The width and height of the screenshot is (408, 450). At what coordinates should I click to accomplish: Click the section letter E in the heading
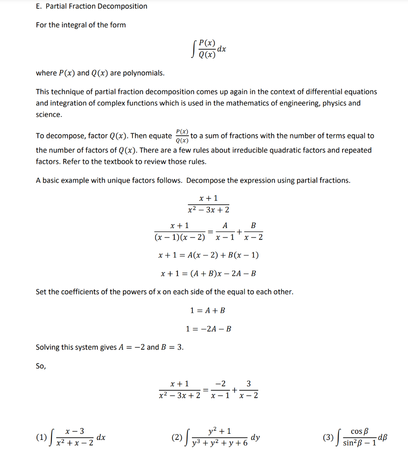coord(38,6)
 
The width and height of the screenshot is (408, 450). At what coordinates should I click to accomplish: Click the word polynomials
coord(143,73)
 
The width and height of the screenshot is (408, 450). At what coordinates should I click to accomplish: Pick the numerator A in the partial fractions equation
coord(225,225)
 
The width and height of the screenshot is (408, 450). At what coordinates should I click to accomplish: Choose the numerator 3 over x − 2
coord(249,384)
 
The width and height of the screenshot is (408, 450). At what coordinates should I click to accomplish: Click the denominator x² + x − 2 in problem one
coord(75,443)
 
